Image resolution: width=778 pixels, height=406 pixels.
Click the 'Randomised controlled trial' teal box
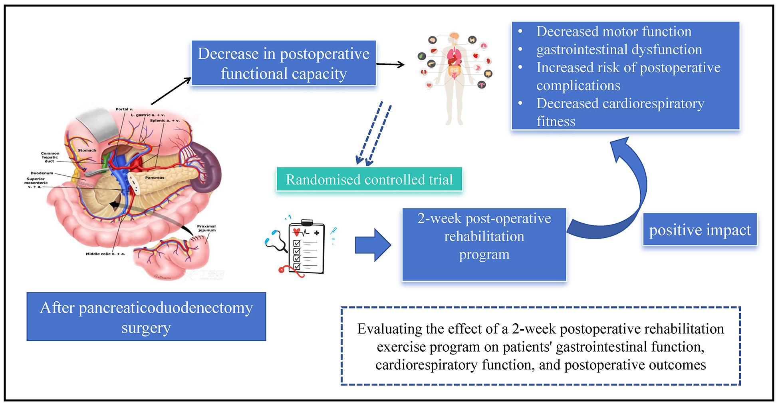pyautogui.click(x=369, y=179)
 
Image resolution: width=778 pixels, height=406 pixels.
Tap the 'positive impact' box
pyautogui.click(x=700, y=230)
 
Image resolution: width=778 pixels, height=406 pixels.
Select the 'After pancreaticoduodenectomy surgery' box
pyautogui.click(x=146, y=317)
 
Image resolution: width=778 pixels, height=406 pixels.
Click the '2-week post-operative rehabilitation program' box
pyautogui.click(x=484, y=244)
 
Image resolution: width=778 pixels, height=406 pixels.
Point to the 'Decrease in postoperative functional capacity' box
pyautogui.click(x=284, y=64)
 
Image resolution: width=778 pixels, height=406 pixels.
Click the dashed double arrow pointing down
pyautogui.click(x=373, y=134)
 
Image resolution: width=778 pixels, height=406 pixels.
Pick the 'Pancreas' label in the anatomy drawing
pyautogui.click(x=155, y=177)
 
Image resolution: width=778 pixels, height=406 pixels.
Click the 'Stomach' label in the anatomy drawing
pyautogui.click(x=87, y=150)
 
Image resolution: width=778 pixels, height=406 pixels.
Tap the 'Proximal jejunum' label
pyautogui.click(x=206, y=228)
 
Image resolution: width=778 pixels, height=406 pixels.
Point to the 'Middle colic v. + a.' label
pyautogui.click(x=105, y=254)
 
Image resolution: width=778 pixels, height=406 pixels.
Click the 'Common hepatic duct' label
pyautogui.click(x=50, y=157)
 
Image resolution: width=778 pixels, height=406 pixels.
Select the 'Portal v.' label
pyautogui.click(x=124, y=109)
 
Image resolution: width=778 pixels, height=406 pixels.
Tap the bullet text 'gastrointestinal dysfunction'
pyautogui.click(x=619, y=50)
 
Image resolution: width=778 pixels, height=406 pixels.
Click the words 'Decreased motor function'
pyautogui.click(x=613, y=32)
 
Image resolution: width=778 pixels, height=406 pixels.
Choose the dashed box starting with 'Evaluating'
pyautogui.click(x=540, y=346)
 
